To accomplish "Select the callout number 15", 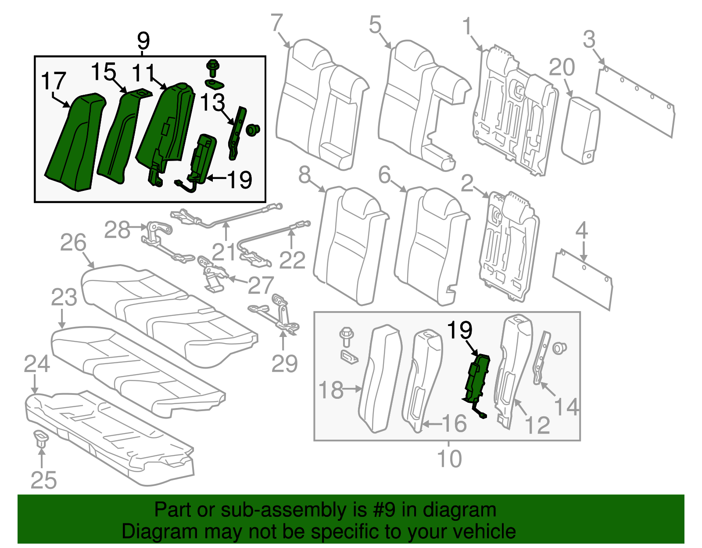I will [104, 72].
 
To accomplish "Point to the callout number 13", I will [212, 103].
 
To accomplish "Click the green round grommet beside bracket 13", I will [253, 129].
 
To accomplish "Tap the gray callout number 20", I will [562, 68].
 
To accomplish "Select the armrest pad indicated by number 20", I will [580, 130].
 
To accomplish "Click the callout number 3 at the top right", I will [589, 39].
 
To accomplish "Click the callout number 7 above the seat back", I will [277, 23].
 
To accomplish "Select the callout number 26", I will [73, 243].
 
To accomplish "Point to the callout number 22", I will [292, 261].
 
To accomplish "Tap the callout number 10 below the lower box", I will [449, 459].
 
